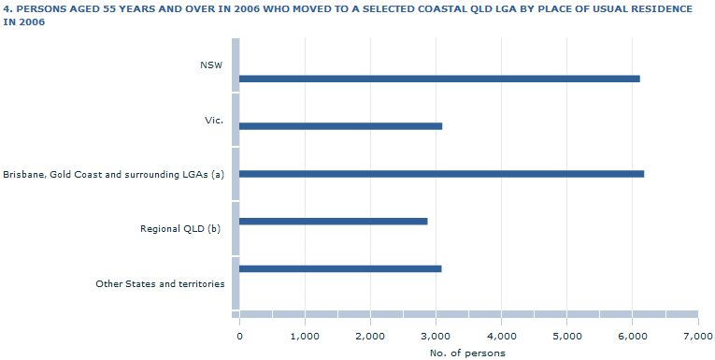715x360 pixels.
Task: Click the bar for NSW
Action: tap(439, 79)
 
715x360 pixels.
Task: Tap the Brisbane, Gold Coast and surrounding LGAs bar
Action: tap(441, 174)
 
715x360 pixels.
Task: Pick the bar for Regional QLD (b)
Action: tap(333, 222)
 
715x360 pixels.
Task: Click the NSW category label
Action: tap(211, 65)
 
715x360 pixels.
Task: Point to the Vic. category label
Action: tap(214, 120)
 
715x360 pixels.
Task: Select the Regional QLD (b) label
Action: tap(179, 228)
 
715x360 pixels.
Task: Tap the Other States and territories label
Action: tap(160, 283)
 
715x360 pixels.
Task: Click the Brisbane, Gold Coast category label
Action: tap(113, 174)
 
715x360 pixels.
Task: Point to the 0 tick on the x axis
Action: tap(239, 335)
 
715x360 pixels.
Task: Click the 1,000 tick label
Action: tap(305, 335)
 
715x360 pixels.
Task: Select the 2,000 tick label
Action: tap(370, 335)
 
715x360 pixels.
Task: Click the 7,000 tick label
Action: tap(697, 335)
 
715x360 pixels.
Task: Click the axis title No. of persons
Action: tap(467, 353)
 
